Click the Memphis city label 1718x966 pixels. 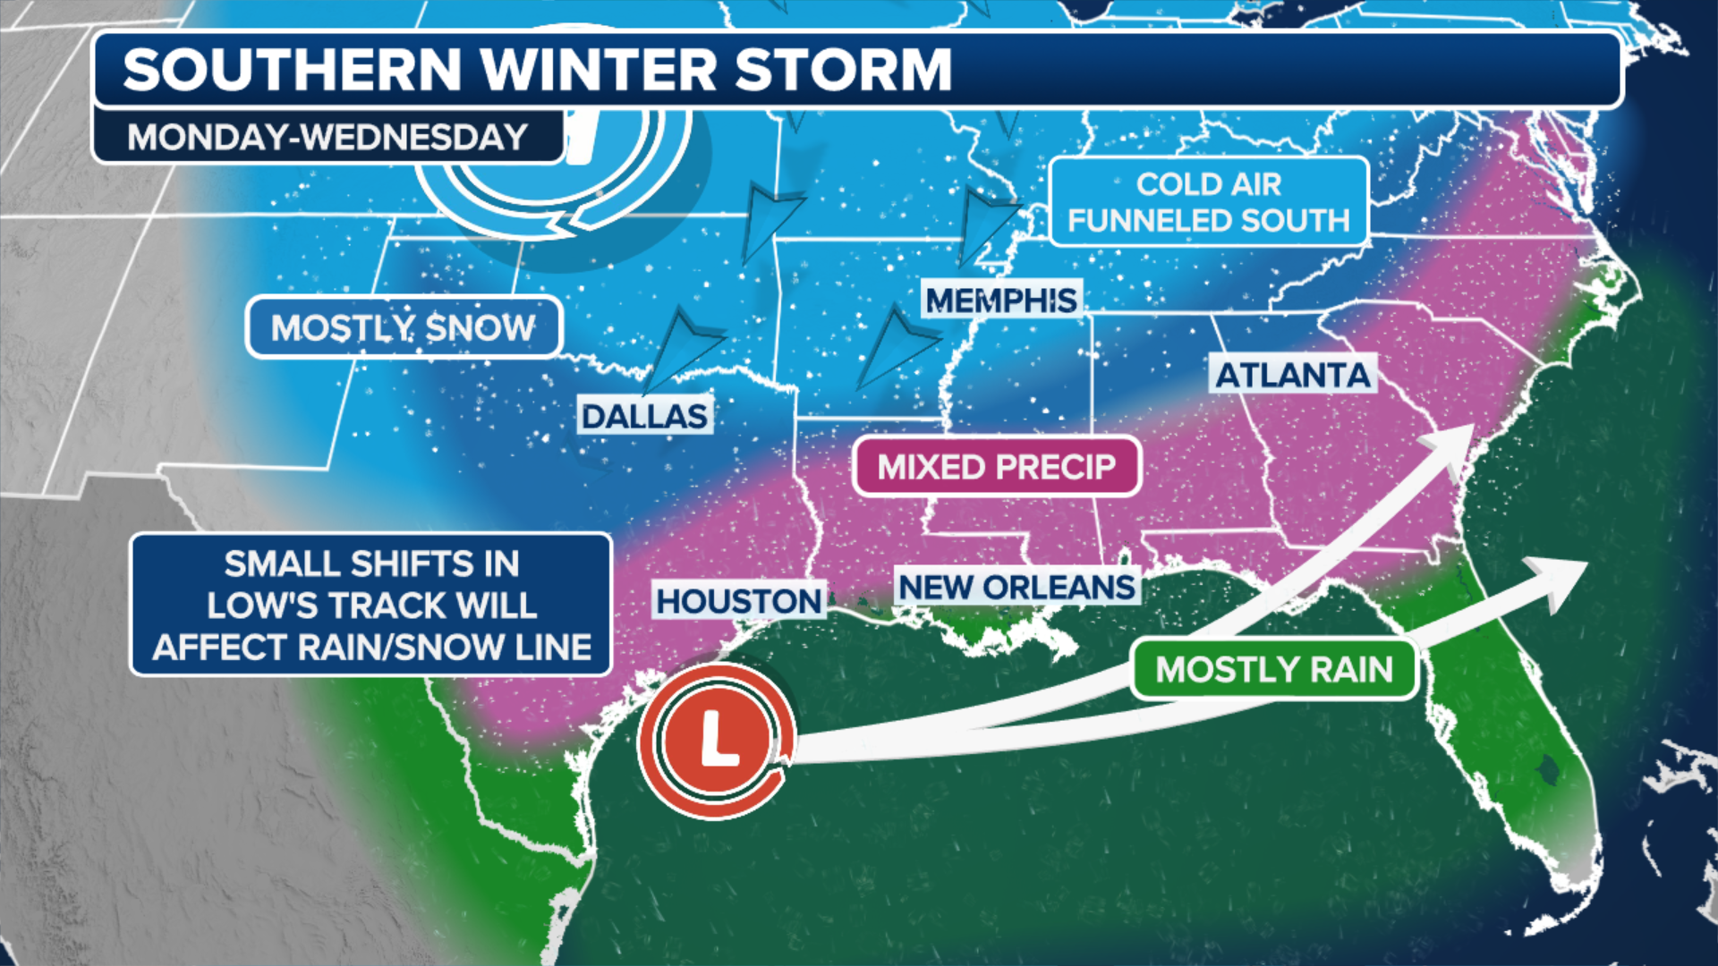click(1001, 301)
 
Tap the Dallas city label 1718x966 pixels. click(644, 416)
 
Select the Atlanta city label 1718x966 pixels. click(1293, 375)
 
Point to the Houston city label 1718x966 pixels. click(739, 601)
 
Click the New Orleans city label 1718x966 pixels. click(1016, 588)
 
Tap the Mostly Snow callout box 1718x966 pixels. click(404, 327)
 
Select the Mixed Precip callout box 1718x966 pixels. click(997, 467)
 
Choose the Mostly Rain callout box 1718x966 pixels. click(1274, 669)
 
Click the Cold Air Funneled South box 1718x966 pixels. click(1208, 202)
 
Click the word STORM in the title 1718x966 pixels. click(843, 70)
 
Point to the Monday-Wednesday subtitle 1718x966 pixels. click(327, 137)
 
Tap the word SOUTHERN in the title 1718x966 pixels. click(293, 70)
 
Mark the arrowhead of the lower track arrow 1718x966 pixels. click(1559, 579)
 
